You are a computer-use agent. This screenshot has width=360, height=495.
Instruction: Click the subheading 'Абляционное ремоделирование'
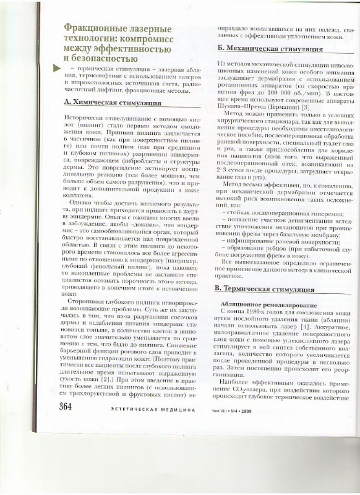point(262,306)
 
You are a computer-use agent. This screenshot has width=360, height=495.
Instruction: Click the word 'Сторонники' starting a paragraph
point(88,300)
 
